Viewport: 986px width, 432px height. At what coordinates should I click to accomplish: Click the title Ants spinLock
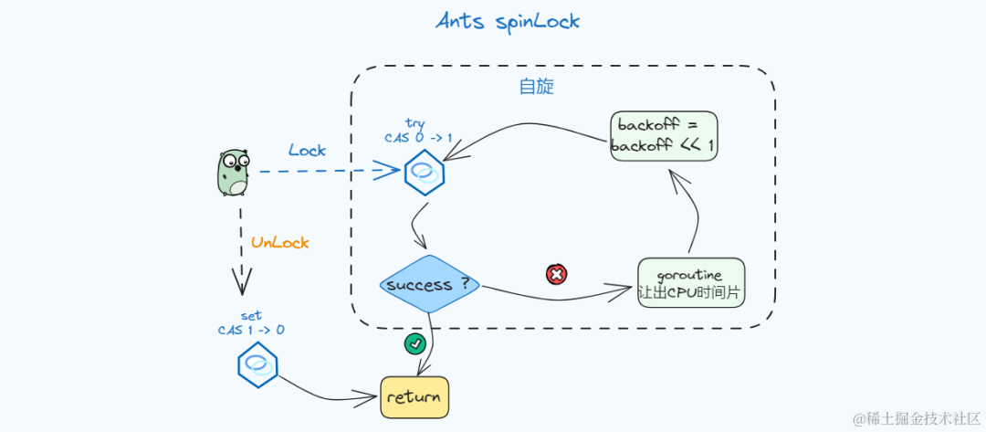(x=508, y=21)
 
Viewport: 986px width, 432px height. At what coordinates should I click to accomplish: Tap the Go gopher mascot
(x=234, y=173)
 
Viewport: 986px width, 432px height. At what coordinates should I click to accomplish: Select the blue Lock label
(x=308, y=151)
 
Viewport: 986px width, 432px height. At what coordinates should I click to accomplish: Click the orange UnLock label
(x=280, y=242)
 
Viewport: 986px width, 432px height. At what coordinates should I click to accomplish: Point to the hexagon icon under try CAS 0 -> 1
(x=425, y=173)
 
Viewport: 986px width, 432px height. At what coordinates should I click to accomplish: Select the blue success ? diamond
(x=429, y=284)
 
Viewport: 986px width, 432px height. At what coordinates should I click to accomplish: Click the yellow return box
(x=414, y=397)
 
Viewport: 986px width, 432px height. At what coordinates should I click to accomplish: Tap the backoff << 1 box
(x=664, y=136)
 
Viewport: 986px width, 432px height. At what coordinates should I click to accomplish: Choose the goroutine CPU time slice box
(x=691, y=283)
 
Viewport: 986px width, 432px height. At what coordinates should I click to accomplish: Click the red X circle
(x=557, y=274)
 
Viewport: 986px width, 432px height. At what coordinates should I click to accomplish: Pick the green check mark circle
(x=415, y=343)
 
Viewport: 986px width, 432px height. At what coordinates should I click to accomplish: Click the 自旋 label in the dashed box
(x=537, y=87)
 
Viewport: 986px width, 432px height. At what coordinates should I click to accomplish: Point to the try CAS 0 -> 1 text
(x=418, y=131)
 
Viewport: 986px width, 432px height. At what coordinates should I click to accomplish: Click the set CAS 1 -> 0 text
(x=251, y=322)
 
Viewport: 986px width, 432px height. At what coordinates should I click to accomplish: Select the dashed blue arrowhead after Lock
(x=387, y=170)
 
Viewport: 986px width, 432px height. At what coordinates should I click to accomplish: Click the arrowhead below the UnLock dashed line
(x=241, y=281)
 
